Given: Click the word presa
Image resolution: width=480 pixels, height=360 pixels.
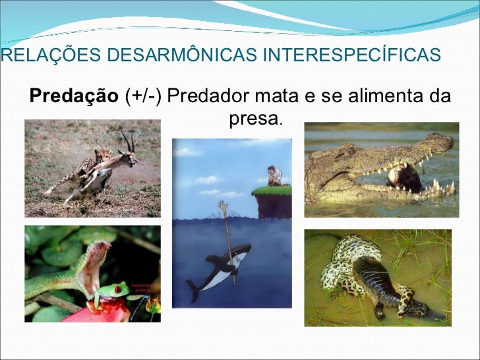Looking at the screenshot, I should pyautogui.click(x=255, y=119).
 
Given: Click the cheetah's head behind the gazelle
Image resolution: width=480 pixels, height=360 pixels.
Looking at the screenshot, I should pyautogui.click(x=102, y=155).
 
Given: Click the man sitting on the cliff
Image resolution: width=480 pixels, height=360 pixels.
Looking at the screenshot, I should pyautogui.click(x=274, y=176).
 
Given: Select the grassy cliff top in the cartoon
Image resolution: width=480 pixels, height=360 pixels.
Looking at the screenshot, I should pyautogui.click(x=272, y=191).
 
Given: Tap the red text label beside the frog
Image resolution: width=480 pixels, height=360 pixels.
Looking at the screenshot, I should pyautogui.click(x=142, y=285).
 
